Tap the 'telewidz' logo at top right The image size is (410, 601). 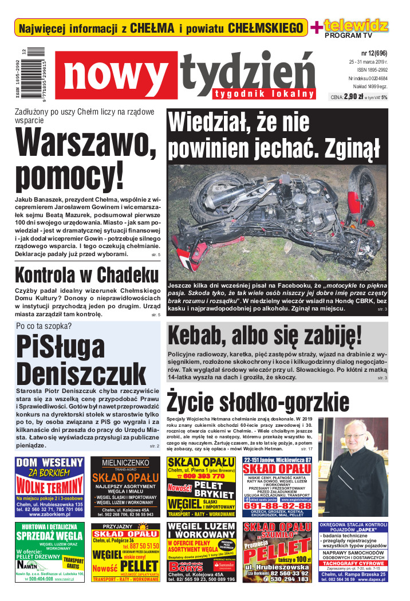coord(356,25)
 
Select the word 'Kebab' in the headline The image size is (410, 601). coord(200,335)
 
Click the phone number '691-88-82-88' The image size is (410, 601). coord(277,505)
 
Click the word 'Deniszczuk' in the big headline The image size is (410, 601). coord(81,374)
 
